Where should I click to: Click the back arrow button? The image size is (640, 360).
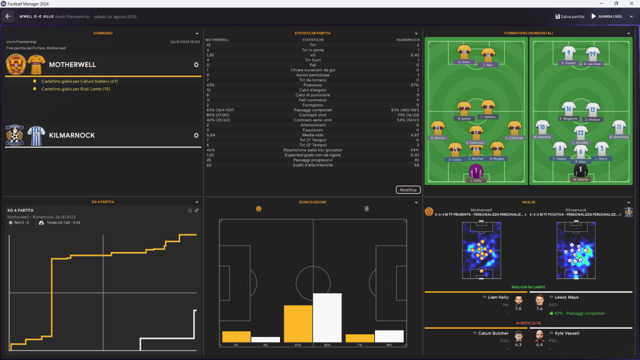(8, 16)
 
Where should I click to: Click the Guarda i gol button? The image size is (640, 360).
(612, 16)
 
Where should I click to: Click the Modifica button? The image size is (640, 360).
(408, 190)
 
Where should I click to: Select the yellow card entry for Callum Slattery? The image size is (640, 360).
(79, 81)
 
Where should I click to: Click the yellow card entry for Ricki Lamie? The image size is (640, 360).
(75, 89)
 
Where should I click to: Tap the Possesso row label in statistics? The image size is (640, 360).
(312, 85)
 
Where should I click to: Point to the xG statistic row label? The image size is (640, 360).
(312, 55)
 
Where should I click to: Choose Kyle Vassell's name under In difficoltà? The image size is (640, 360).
(567, 333)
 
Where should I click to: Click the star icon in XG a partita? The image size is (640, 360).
(190, 210)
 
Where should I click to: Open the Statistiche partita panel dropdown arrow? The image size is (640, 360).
(416, 32)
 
